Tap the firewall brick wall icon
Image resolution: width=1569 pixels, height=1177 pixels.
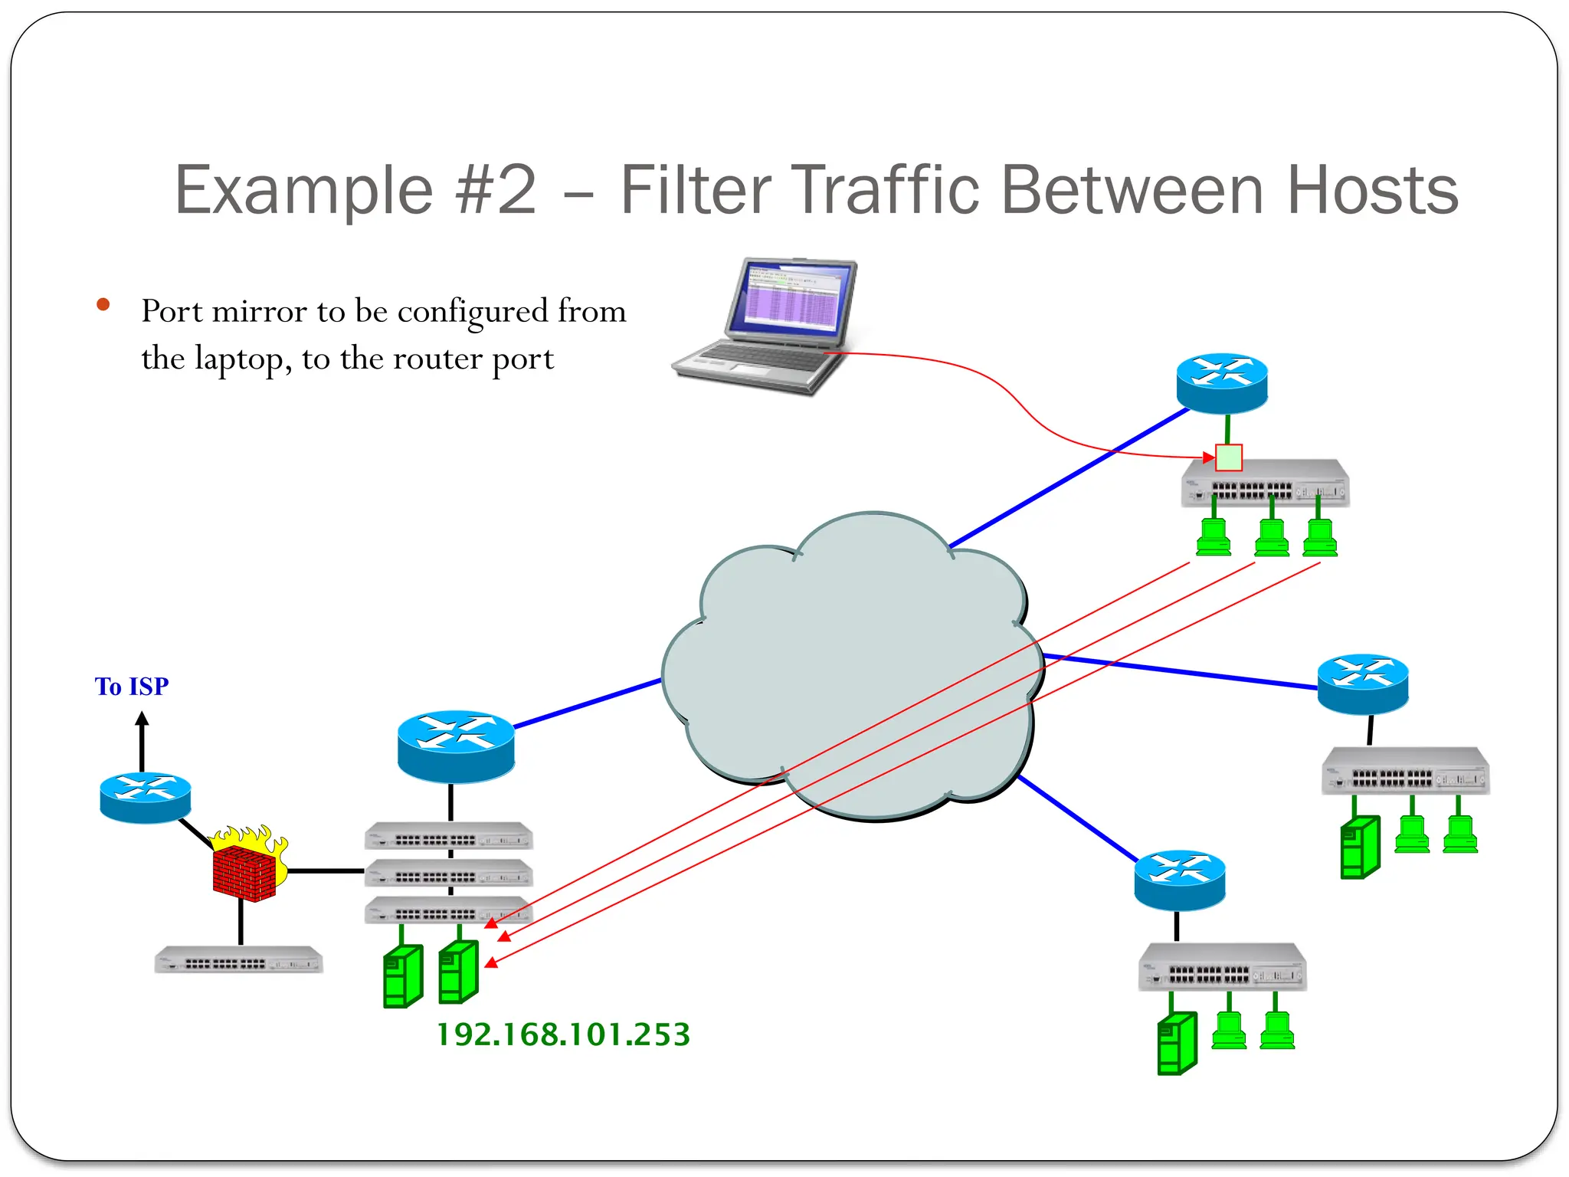(x=244, y=873)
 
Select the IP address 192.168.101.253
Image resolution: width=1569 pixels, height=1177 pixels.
(x=563, y=1034)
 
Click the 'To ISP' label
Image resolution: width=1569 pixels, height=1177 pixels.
(x=132, y=686)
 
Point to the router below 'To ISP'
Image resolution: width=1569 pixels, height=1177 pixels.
(x=146, y=797)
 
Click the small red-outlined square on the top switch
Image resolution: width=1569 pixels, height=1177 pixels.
(x=1229, y=457)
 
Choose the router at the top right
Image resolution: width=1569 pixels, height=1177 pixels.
(x=1222, y=382)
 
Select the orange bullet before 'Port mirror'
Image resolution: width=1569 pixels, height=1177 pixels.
(x=103, y=306)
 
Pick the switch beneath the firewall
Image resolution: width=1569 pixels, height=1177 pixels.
(x=238, y=960)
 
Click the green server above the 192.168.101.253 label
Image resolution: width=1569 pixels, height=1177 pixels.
(x=458, y=972)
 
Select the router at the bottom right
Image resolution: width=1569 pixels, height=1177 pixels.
(x=1180, y=879)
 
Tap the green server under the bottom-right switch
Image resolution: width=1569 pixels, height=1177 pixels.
(x=1176, y=1043)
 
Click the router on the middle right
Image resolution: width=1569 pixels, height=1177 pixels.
(x=1363, y=683)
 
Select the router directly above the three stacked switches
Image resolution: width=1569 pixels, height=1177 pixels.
(x=456, y=745)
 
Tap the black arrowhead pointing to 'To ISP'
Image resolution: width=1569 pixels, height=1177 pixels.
(x=142, y=719)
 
